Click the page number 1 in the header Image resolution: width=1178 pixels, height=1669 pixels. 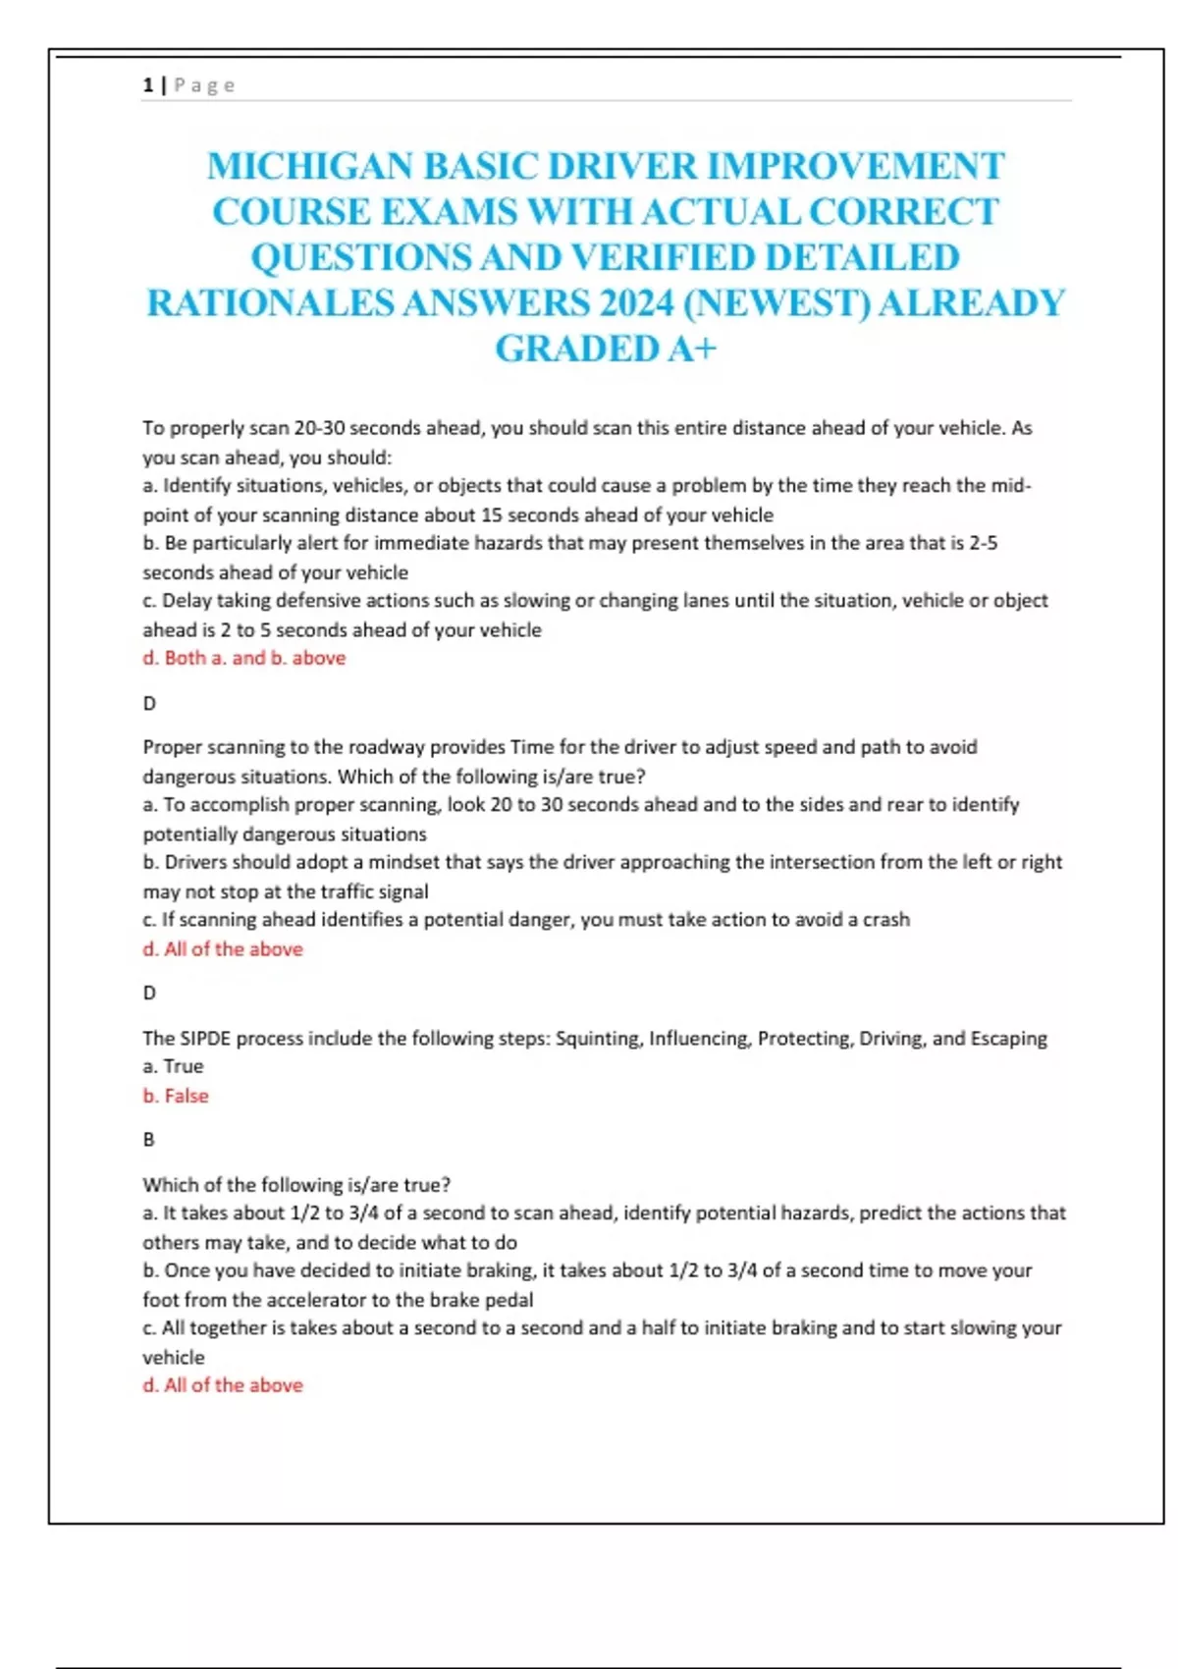tap(147, 85)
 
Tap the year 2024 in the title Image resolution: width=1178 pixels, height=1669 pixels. tap(636, 302)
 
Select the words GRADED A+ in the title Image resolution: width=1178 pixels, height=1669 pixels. tap(606, 349)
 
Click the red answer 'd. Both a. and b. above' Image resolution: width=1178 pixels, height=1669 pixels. tap(244, 658)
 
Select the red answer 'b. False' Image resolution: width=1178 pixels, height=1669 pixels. tap(176, 1096)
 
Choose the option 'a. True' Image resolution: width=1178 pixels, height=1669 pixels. tap(173, 1066)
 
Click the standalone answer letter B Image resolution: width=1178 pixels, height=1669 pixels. tap(149, 1140)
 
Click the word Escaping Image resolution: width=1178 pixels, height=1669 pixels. tap(1008, 1038)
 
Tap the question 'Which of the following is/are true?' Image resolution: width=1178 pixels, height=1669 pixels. tap(296, 1185)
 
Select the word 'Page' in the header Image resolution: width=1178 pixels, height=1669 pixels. tap(204, 85)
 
